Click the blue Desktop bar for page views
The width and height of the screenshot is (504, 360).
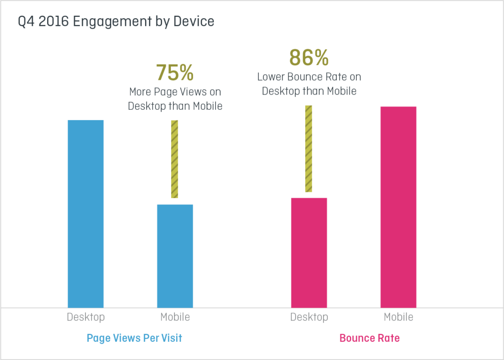click(x=86, y=213)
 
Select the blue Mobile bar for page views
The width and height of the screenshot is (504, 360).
click(x=175, y=256)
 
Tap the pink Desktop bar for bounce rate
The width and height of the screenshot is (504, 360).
click(x=309, y=252)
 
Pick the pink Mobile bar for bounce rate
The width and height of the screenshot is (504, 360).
click(x=398, y=207)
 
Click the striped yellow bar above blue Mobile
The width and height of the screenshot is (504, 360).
click(x=175, y=159)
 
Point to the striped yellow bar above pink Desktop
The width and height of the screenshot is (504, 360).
click(x=309, y=149)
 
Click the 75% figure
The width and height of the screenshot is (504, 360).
click(x=175, y=73)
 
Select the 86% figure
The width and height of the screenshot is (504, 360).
click(x=309, y=58)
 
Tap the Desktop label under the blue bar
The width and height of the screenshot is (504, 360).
click(x=86, y=317)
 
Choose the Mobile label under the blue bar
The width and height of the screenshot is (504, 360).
click(x=175, y=317)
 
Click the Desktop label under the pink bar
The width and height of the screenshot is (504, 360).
click(x=309, y=317)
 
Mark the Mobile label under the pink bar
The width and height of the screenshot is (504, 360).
click(x=398, y=317)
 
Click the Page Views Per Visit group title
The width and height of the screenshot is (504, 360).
click(x=134, y=338)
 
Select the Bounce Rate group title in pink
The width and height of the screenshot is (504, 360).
click(x=370, y=338)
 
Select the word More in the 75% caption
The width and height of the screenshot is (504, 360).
click(x=140, y=92)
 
